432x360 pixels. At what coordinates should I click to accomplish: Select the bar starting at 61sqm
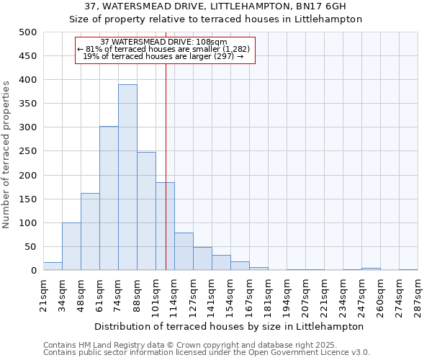(x=109, y=199)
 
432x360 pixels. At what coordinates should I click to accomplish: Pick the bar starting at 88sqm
(x=146, y=212)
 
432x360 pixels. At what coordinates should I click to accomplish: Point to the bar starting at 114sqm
(x=184, y=252)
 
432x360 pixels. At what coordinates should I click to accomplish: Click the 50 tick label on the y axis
(x=31, y=247)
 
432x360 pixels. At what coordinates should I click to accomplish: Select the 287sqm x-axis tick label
(x=418, y=294)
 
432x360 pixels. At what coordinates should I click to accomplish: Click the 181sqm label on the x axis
(x=268, y=294)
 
